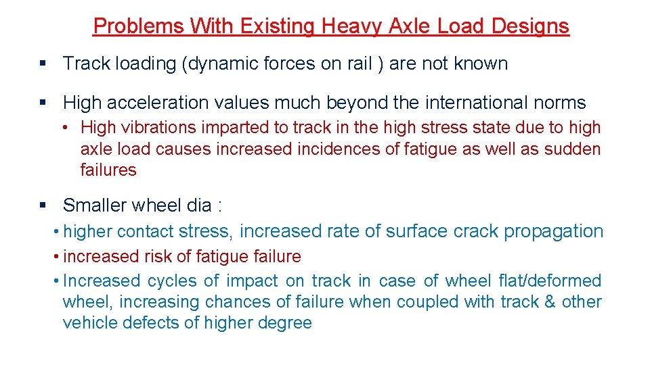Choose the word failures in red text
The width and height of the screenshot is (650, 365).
(108, 170)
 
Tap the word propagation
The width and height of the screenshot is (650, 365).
(553, 231)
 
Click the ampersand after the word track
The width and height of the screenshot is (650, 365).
(549, 301)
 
